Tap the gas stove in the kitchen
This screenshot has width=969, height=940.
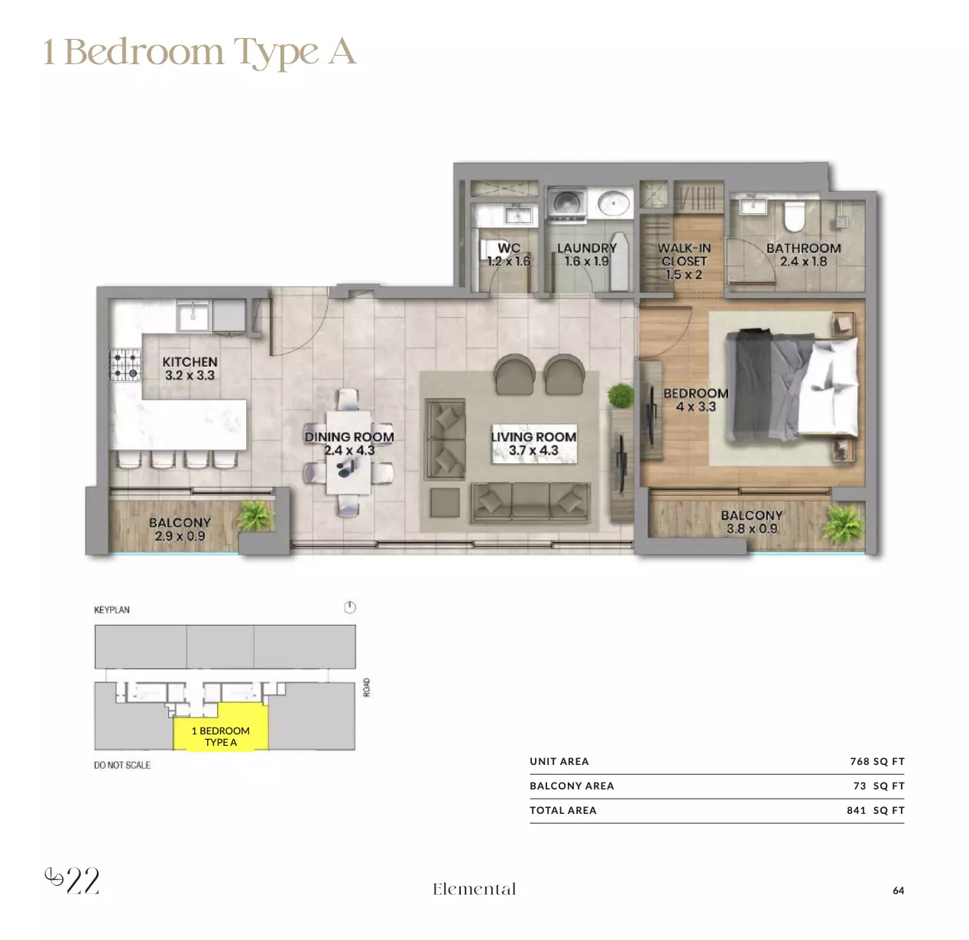[x=125, y=365]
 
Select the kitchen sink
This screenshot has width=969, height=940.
[x=193, y=315]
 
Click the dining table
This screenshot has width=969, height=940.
[x=348, y=452]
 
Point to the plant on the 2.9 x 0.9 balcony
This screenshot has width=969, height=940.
[x=255, y=516]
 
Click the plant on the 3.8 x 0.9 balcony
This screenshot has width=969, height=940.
[x=843, y=523]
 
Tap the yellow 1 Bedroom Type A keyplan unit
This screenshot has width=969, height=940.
[x=221, y=726]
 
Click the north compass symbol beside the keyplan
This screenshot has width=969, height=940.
[x=349, y=607]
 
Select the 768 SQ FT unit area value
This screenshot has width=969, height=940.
[x=877, y=761]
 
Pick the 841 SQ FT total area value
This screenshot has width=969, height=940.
[x=876, y=810]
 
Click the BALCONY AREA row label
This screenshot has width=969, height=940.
[x=572, y=786]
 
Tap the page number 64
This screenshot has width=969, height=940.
[x=898, y=890]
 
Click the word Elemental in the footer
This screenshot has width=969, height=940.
[x=474, y=889]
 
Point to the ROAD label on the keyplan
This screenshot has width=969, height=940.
[x=367, y=687]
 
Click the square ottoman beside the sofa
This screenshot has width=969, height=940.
[x=445, y=502]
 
